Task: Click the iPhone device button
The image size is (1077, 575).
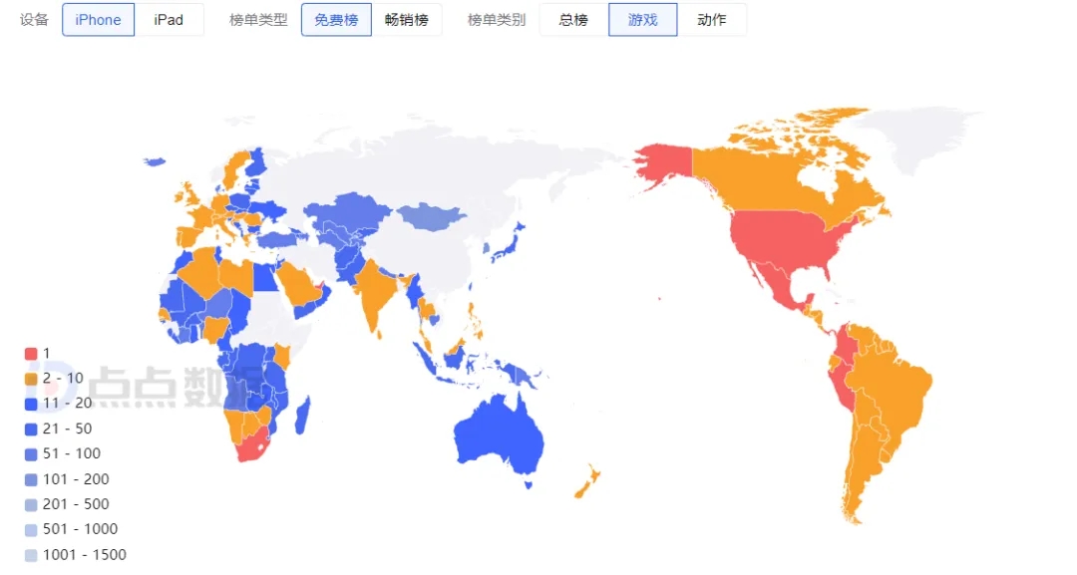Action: coord(98,20)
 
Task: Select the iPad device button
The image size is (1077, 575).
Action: coord(169,20)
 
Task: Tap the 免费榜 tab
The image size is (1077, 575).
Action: coord(336,20)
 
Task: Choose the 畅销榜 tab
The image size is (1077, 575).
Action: coord(406,20)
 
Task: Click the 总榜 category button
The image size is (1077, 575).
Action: coord(573,20)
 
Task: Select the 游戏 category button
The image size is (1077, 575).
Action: coord(642,20)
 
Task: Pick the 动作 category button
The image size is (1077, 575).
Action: coord(712,20)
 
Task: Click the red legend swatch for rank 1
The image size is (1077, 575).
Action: coord(31,354)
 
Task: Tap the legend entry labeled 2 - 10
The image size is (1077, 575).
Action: coord(63,379)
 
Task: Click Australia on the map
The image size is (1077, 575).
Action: coord(499,438)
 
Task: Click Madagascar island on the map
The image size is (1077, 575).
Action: coord(303,415)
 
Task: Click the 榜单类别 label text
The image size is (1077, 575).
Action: coord(497,20)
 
